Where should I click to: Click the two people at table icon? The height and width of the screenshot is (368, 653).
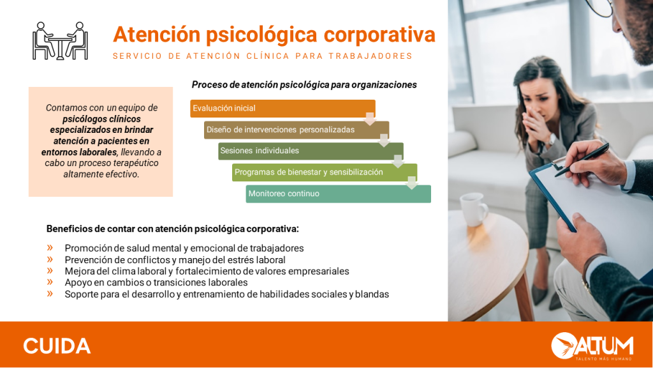(60, 41)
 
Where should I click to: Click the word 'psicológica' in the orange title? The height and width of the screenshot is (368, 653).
(261, 35)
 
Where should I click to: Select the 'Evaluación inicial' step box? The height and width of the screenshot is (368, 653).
(282, 109)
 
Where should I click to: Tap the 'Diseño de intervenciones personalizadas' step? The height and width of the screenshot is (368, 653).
(297, 130)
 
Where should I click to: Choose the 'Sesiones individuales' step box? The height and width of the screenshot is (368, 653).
(311, 151)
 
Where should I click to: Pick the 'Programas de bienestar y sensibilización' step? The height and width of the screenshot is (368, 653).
(325, 172)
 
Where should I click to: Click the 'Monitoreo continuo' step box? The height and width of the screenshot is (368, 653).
(338, 194)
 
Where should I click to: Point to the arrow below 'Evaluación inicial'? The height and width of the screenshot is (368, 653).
(370, 118)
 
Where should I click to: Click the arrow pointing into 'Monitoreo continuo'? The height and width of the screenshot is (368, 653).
(411, 183)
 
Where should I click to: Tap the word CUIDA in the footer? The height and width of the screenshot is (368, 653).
(57, 346)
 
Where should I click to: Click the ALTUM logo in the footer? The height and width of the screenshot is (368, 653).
(592, 346)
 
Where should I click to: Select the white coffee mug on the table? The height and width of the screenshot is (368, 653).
(474, 210)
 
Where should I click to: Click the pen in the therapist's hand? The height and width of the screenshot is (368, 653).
(582, 159)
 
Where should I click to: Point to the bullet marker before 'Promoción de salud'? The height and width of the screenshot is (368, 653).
(50, 248)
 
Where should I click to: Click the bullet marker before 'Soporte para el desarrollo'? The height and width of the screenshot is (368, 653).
(50, 293)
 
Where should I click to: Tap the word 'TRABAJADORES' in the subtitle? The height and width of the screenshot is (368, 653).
(371, 56)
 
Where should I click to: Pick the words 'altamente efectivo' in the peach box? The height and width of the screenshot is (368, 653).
(101, 174)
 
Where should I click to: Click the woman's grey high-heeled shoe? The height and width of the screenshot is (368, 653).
(541, 292)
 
